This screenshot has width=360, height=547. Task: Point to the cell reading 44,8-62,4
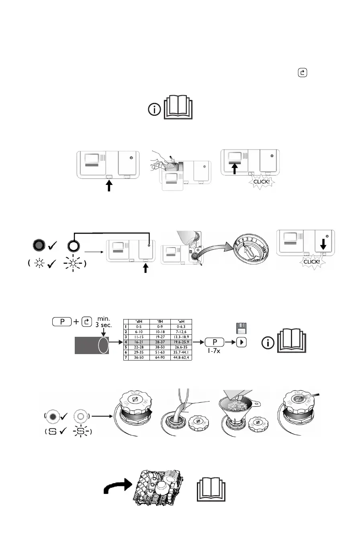182,357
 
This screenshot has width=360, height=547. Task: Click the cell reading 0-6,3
182,326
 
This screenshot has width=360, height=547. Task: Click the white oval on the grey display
103,344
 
